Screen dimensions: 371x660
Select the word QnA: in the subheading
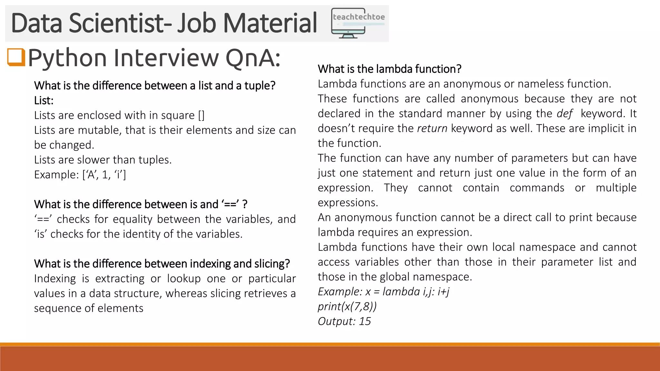tap(253, 58)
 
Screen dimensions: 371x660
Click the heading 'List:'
tap(44, 100)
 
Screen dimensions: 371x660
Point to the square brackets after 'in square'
tap(201, 115)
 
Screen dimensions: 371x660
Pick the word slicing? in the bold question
tap(272, 264)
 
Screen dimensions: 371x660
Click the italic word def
tap(564, 114)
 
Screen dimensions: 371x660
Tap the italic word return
tap(432, 128)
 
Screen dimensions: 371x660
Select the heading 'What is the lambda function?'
tap(389, 69)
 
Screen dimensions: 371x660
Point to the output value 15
tap(365, 321)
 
